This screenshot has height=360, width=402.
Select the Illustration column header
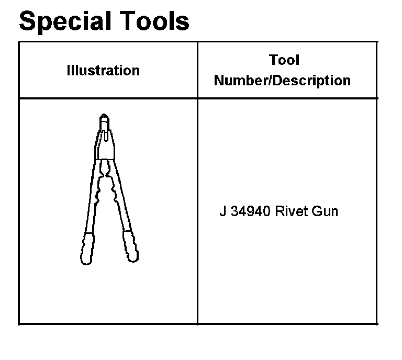coord(103,70)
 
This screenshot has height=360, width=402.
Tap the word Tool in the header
coord(284,60)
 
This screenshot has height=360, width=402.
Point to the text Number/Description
coord(283,80)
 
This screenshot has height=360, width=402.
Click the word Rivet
coord(291,211)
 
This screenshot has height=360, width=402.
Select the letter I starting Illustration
coord(68,70)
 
